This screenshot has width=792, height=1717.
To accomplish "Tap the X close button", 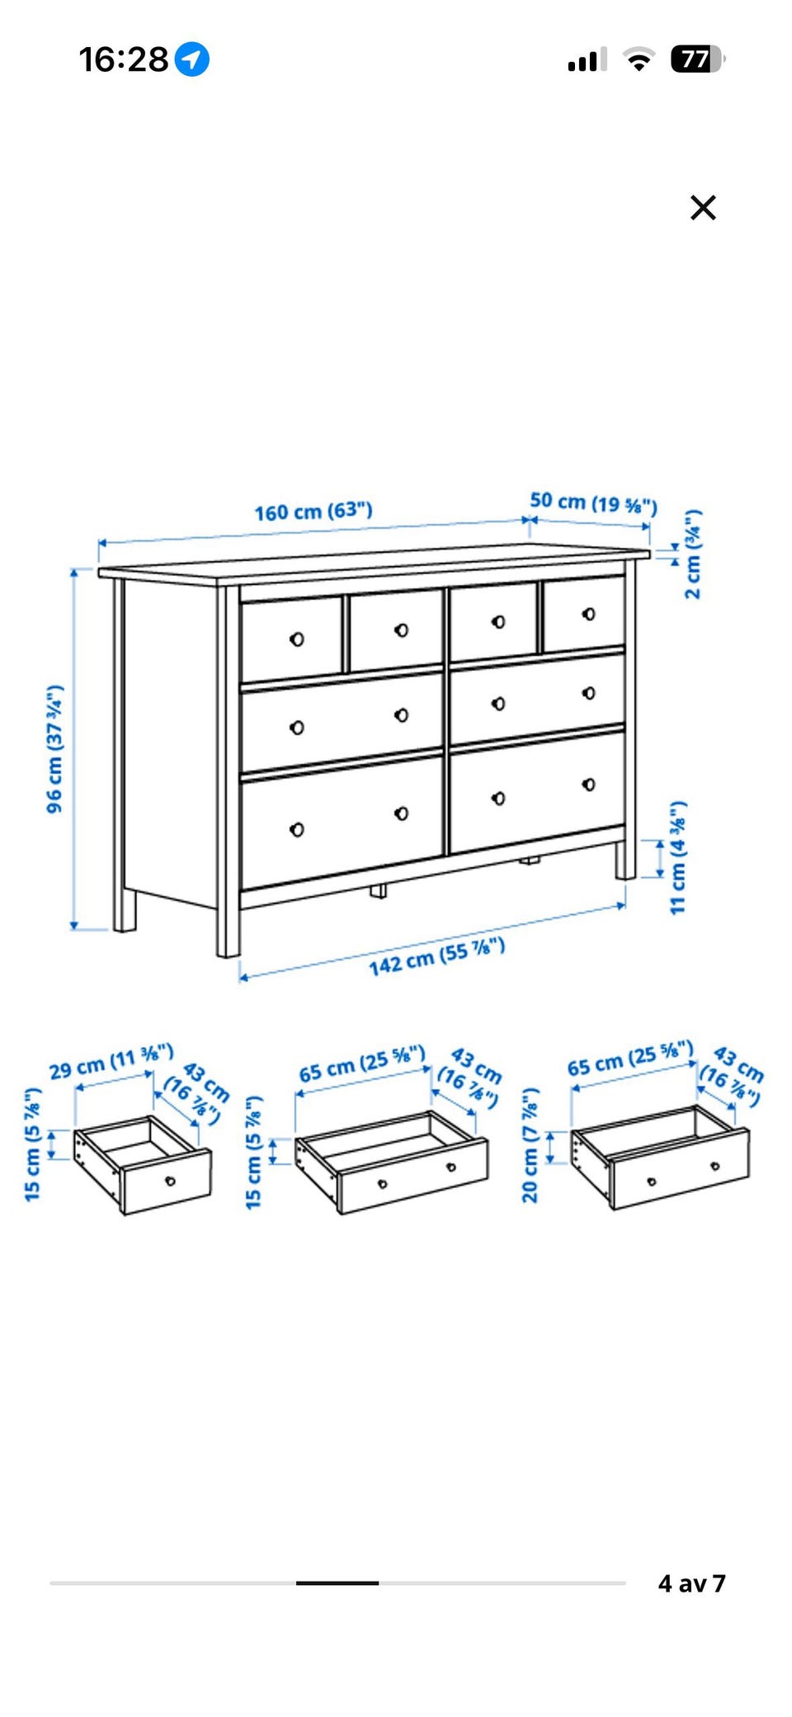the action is [703, 207].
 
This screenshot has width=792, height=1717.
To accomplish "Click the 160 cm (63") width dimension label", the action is [313, 512].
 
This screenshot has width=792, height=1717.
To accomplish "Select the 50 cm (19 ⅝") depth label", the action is [593, 502].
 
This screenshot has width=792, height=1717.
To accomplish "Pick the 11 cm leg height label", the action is [677, 857].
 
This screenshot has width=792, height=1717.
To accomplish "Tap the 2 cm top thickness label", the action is [693, 554].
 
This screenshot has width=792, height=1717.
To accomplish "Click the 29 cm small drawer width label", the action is [111, 1062].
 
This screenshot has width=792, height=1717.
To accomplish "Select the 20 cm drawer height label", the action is [530, 1145].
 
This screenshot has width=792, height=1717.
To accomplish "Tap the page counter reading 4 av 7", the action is [691, 1583].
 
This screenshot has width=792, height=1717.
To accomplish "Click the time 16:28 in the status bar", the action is [123, 59].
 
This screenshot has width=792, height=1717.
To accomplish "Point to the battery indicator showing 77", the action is [698, 59].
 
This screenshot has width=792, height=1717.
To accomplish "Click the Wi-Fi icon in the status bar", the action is [638, 59].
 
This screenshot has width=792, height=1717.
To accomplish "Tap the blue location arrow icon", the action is [192, 59].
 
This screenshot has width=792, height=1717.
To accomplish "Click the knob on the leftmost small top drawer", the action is [297, 639].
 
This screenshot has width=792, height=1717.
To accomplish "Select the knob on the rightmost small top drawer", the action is [588, 614].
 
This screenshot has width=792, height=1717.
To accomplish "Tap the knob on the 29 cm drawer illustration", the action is [170, 1181].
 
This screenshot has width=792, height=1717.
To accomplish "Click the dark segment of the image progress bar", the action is [337, 1583].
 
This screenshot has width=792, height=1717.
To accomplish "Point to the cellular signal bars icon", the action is [587, 59].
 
